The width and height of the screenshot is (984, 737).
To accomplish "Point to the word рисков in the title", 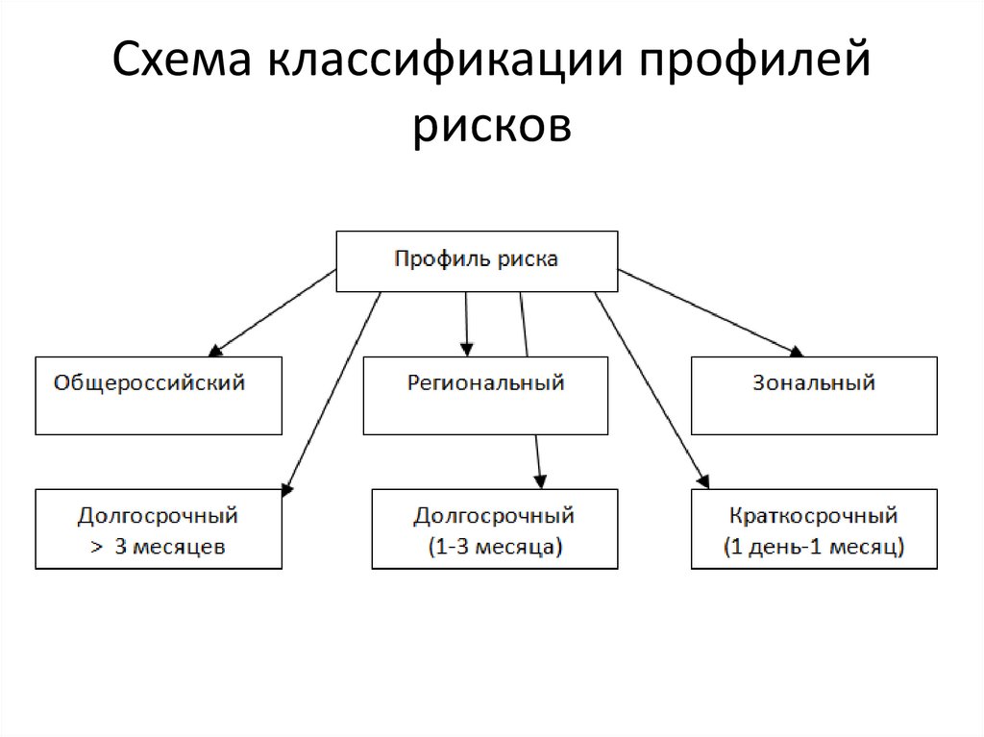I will point(491,126).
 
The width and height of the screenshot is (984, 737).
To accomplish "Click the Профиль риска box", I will point(477,260).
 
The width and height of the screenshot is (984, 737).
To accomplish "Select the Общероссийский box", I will point(159,395).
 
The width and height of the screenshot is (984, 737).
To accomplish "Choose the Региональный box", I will point(485,395).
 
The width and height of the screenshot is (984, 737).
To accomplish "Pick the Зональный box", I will point(814,395).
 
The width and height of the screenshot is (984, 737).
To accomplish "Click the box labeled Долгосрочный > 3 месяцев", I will point(159,528).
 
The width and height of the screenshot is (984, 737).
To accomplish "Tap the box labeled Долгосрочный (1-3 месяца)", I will point(494,528).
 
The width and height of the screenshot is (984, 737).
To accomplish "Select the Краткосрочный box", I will point(814,528).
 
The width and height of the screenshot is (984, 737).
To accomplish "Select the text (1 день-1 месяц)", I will point(814,548).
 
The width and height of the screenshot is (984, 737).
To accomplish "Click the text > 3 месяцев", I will point(159,548).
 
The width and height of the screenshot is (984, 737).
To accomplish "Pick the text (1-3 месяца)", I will point(494,548).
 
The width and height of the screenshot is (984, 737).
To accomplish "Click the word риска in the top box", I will point(529,259).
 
